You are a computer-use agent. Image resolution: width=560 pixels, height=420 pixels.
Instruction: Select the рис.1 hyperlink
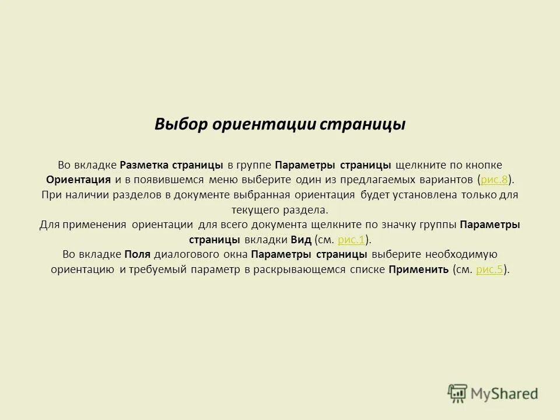(352, 239)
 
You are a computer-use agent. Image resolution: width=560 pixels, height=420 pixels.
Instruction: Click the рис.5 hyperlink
(490, 269)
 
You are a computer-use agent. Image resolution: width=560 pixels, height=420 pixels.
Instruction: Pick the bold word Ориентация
(79, 179)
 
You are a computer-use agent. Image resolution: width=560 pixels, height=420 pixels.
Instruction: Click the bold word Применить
(418, 269)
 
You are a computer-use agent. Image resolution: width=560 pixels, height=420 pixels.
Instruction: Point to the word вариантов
(445, 179)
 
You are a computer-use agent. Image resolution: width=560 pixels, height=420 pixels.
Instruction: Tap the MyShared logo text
(505, 394)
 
